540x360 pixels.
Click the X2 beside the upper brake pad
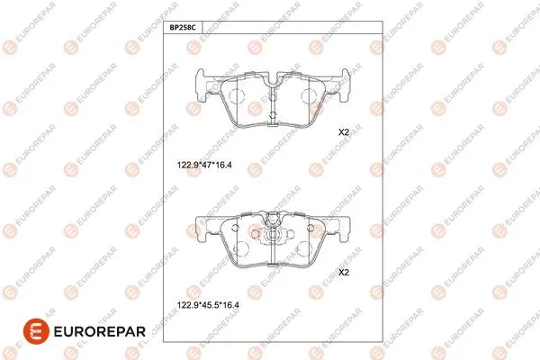coord(343,132)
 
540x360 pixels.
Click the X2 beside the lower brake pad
coord(343,272)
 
